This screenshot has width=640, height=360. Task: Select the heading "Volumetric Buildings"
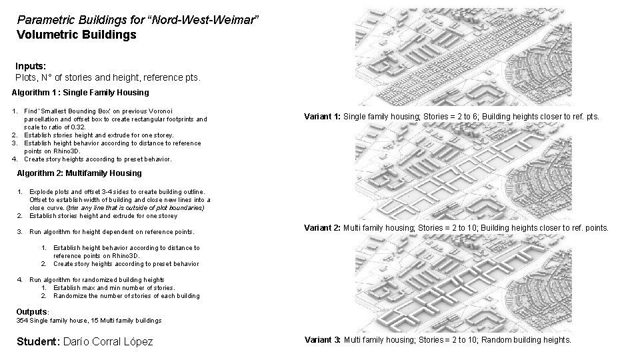point(77,34)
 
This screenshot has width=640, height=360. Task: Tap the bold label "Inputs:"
point(31,67)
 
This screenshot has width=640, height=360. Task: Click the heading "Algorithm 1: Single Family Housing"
point(81,92)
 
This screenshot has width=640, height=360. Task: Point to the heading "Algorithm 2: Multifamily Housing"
point(79,173)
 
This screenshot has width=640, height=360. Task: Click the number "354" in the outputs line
point(21,321)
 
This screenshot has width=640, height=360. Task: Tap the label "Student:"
point(37,341)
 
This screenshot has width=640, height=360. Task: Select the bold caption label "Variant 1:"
point(322,117)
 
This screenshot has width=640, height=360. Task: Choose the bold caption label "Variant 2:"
point(322,229)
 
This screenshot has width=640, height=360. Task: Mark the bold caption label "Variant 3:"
point(322,340)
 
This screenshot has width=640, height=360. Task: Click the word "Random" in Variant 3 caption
point(495,340)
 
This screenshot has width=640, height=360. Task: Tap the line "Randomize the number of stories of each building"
point(126,295)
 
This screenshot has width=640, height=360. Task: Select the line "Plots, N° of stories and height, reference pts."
point(107,78)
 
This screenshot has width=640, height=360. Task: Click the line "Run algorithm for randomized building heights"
point(97,280)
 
